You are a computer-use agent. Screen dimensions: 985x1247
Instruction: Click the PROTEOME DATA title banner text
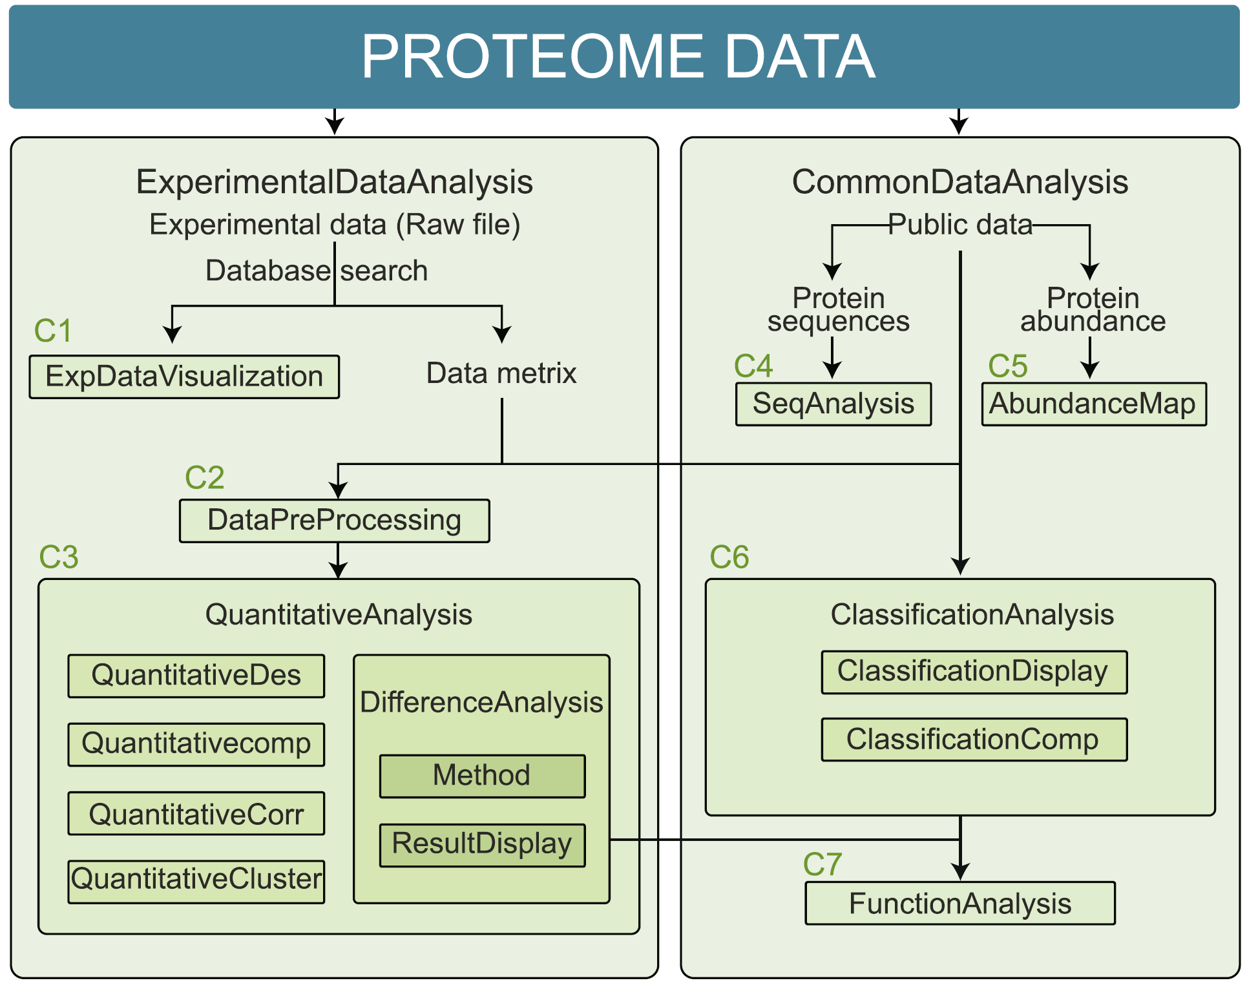click(618, 57)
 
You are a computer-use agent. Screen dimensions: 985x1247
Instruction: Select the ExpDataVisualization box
click(184, 377)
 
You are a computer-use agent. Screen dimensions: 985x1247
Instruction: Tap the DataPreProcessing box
click(334, 521)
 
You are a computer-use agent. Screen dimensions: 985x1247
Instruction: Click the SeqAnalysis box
click(833, 404)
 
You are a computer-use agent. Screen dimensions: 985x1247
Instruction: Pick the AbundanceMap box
click(1093, 404)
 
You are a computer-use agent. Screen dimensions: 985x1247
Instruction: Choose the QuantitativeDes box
click(196, 676)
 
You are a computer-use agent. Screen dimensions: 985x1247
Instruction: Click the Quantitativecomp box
click(196, 744)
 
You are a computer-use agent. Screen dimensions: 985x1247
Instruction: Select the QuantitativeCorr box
click(196, 814)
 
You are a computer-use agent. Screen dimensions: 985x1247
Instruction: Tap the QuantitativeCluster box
click(196, 881)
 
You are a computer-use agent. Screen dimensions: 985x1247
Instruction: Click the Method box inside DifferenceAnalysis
click(482, 776)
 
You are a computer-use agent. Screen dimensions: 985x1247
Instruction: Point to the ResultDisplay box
click(482, 844)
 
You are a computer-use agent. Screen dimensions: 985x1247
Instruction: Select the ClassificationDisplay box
click(974, 672)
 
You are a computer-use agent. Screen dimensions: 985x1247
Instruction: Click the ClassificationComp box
click(974, 740)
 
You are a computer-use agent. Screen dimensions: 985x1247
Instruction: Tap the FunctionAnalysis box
click(960, 904)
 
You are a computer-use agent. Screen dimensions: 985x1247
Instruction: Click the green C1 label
click(52, 331)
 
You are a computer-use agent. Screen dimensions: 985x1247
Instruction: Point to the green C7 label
click(822, 864)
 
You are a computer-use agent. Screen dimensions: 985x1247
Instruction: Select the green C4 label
click(753, 366)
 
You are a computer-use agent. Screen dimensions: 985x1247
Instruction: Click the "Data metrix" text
click(501, 373)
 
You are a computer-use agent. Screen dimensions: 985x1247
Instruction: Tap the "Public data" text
click(960, 225)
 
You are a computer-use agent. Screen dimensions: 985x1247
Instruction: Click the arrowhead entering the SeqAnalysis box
click(833, 371)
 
